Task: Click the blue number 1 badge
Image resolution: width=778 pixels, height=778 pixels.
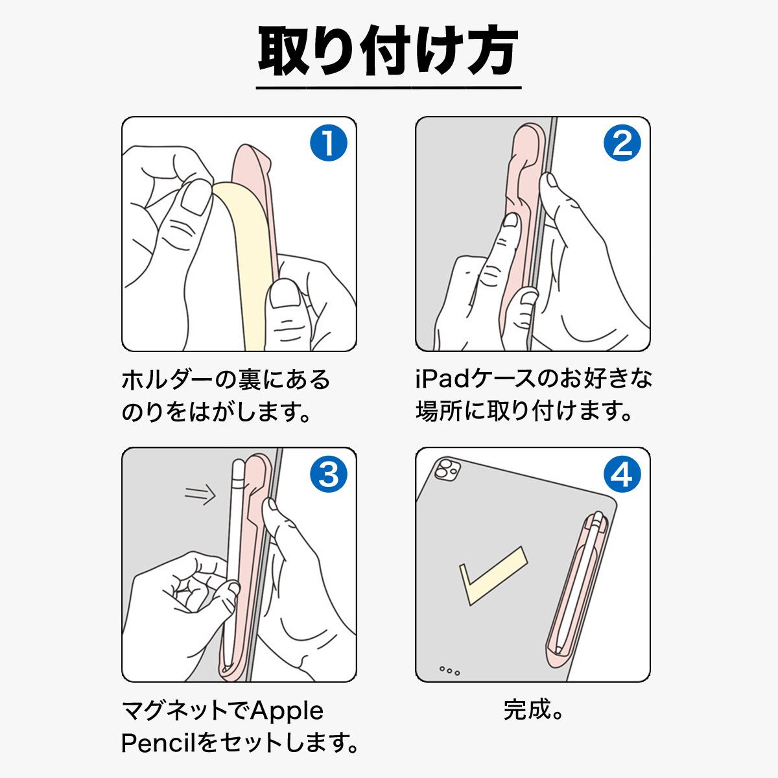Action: pos(328,143)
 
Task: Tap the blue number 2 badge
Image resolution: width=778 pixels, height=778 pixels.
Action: pos(622,143)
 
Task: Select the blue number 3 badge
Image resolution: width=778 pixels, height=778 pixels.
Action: pos(328,473)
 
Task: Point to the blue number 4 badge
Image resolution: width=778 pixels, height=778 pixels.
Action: pos(622,473)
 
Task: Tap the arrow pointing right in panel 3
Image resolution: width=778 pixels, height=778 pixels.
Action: pos(200,494)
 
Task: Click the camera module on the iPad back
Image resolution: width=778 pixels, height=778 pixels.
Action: pos(446,471)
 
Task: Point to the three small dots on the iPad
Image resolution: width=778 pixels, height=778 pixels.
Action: pos(449,670)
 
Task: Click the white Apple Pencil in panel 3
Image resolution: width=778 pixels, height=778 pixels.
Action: pos(235,565)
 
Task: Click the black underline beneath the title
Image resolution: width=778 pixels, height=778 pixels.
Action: pos(388,88)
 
